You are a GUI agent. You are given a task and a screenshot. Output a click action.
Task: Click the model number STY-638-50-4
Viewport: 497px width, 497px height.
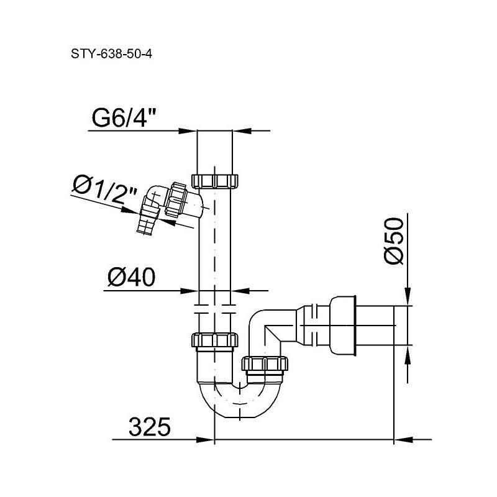112,54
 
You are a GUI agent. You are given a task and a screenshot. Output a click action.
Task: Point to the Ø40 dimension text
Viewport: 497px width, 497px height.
132,277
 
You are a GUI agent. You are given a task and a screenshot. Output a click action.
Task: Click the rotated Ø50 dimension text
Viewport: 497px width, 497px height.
394,240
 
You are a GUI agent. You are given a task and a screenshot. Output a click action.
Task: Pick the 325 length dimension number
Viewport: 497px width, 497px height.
150,427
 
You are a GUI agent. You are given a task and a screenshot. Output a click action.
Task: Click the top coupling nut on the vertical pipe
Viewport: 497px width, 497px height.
215,181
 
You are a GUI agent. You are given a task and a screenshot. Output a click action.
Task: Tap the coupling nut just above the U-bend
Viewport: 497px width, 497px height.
215,340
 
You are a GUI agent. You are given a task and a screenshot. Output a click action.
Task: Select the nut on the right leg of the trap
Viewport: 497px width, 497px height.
265,363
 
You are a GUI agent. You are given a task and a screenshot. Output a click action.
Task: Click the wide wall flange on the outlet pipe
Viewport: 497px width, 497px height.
344,325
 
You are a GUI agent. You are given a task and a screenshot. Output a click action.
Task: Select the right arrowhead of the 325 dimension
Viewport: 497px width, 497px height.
404,440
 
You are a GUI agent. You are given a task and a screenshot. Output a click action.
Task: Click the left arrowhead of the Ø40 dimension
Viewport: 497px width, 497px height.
189,290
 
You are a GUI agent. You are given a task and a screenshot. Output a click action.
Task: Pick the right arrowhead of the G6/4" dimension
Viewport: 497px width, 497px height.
242,130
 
